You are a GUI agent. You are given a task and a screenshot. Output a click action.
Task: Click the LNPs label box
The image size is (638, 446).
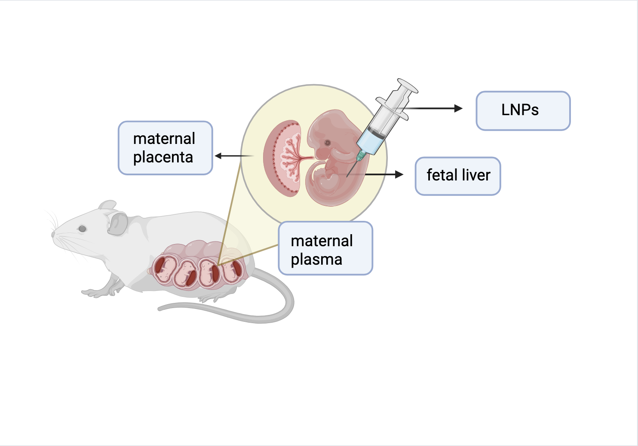click(x=523, y=110)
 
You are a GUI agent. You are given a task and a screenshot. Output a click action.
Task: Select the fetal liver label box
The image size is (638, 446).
click(x=458, y=176)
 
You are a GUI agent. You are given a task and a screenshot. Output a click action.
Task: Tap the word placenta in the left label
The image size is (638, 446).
click(x=163, y=157)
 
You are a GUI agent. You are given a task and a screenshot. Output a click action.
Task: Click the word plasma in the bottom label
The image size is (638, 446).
click(x=316, y=260)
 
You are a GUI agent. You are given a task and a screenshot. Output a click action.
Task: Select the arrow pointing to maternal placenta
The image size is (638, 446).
click(x=232, y=156)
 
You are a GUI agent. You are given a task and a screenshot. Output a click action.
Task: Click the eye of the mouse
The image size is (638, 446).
click(x=82, y=229)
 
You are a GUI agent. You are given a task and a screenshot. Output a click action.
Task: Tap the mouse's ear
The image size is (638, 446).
click(x=117, y=223)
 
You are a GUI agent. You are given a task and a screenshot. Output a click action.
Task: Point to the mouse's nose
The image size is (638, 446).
click(x=53, y=234)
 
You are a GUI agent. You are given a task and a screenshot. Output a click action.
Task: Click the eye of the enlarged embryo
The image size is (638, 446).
click(x=327, y=142)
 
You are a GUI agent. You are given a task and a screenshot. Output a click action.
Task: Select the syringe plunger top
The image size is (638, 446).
click(x=408, y=85)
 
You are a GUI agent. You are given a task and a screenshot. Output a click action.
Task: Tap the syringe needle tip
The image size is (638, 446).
click(x=347, y=176)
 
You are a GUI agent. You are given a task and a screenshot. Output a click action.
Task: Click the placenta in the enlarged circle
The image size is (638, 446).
click(x=284, y=159)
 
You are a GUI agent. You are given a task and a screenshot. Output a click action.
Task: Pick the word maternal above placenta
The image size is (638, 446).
click(x=164, y=139)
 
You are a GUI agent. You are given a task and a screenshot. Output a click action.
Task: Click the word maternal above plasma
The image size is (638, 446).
click(x=322, y=241)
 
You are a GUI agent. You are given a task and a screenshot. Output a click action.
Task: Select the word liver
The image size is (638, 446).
click(x=476, y=175)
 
